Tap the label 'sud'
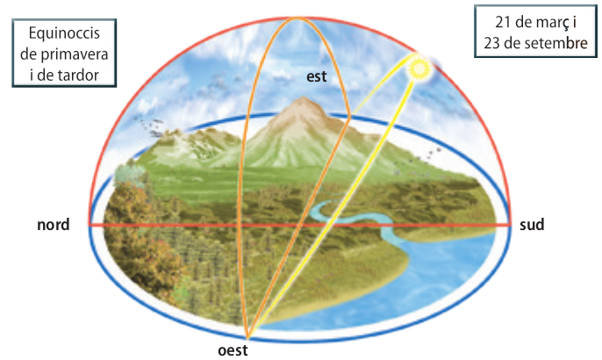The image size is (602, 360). (x=532, y=226)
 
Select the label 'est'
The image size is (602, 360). (x=317, y=76)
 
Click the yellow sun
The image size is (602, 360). (x=419, y=67)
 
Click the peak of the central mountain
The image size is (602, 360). (x=303, y=101)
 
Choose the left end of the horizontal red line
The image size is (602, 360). (x=91, y=226)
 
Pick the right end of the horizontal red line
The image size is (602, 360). (x=510, y=226)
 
